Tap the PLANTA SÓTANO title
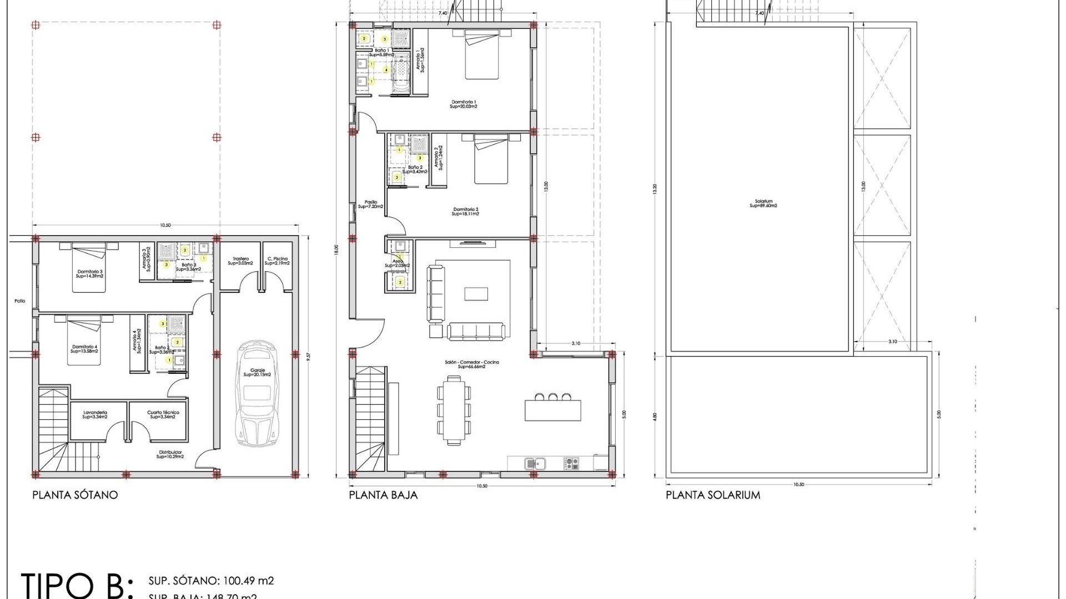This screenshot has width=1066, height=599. tap(75, 495)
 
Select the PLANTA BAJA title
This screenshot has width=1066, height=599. tap(383, 495)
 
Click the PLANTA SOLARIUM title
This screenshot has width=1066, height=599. tap(713, 495)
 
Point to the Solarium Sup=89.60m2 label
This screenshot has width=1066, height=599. tap(763, 204)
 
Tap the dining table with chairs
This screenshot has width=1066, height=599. tap(454, 409)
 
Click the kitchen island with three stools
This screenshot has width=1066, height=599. tap(552, 409)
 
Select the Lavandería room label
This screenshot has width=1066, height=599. tap(95, 414)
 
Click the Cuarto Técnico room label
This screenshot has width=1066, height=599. tap(163, 414)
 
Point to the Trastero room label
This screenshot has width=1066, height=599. tap(240, 261)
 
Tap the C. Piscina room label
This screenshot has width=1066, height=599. tap(277, 261)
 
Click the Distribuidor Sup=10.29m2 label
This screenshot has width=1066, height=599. tap(170, 454)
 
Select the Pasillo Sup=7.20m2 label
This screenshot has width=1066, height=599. tap(370, 204)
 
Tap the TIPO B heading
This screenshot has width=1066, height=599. tap(77, 585)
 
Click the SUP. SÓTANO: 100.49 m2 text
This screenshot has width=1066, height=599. tap(211, 581)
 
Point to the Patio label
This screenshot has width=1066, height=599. tap(20, 301)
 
